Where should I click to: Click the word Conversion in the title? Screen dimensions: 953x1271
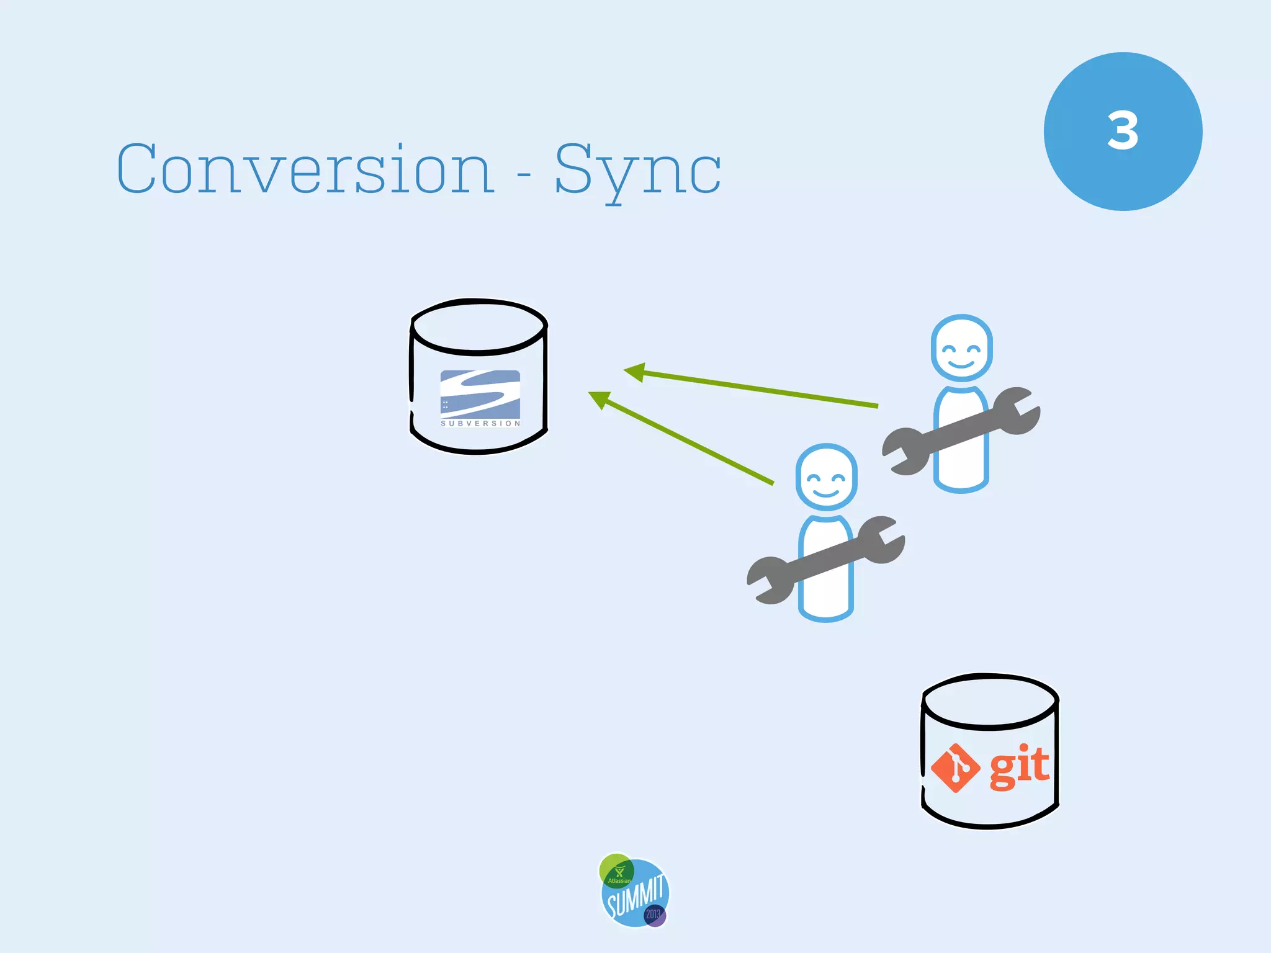pyautogui.click(x=305, y=169)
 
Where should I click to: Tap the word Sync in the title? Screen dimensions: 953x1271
pyautogui.click(x=637, y=170)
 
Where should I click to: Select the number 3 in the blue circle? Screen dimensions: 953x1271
pyautogui.click(x=1123, y=131)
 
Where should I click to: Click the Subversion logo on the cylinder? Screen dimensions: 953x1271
pyautogui.click(x=480, y=394)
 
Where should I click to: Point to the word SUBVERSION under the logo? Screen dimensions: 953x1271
pyautogui.click(x=480, y=423)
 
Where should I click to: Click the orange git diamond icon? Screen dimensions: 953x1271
pyautogui.click(x=955, y=768)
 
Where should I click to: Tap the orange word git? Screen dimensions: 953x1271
pyautogui.click(x=1018, y=767)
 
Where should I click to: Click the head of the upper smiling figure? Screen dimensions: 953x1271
pyautogui.click(x=961, y=347)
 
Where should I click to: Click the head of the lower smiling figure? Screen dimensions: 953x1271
pyautogui.click(x=826, y=476)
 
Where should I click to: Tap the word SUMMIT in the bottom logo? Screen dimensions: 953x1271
pyautogui.click(x=635, y=896)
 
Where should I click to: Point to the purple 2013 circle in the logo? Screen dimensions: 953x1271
pyautogui.click(x=654, y=915)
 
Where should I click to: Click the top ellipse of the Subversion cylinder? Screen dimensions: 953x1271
pyautogui.click(x=479, y=326)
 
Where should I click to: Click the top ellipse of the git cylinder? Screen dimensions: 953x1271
pyautogui.click(x=990, y=700)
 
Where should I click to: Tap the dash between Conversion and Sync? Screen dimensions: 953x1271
pyautogui.click(x=524, y=176)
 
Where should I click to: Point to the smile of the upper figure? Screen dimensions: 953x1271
pyautogui.click(x=961, y=363)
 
